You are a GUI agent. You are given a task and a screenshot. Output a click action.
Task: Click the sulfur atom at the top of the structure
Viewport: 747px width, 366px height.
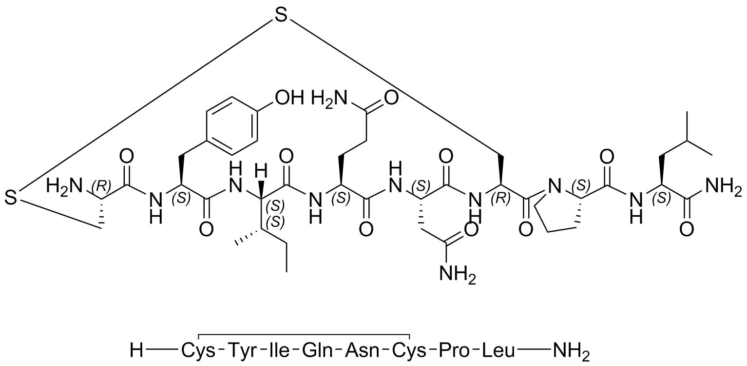coord(281,16)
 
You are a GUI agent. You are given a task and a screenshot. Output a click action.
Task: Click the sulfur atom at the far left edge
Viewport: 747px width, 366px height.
coord(11,197)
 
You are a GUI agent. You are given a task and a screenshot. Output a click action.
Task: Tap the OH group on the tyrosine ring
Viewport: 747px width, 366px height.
coord(289,98)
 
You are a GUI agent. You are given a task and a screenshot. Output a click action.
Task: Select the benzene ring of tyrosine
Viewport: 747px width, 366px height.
coord(232,126)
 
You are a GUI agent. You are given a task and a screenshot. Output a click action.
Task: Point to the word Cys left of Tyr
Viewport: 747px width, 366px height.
coord(198,351)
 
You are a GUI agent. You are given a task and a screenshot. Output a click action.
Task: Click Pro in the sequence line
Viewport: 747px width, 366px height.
coord(454,351)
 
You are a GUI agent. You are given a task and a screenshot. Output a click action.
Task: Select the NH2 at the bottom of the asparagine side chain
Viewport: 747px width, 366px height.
coord(458,275)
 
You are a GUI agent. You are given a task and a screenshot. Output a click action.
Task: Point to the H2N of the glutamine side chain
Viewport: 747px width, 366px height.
coord(330,99)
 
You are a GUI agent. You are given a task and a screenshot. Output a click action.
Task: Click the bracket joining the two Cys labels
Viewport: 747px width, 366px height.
coord(304,334)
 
